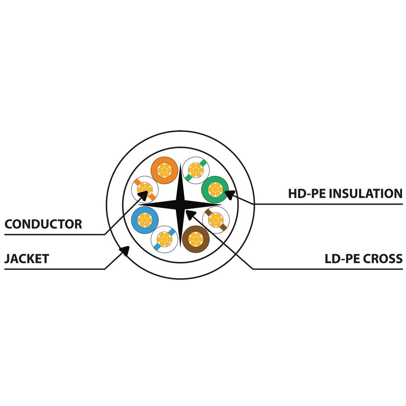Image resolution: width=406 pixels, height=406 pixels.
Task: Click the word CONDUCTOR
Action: tap(43, 224)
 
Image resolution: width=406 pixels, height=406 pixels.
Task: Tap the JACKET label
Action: tap(27, 259)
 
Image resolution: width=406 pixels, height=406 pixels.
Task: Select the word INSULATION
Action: tap(367, 194)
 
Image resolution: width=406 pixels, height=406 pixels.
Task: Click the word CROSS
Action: tap(383, 259)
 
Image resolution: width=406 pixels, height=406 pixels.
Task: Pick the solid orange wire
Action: tap(164, 170)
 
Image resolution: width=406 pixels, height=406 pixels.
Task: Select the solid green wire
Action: tap(215, 189)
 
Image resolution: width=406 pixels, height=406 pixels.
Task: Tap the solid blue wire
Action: tap(145, 220)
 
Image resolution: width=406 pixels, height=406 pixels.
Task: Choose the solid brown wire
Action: tap(196, 239)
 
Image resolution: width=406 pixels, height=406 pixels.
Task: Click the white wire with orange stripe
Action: tap(145, 189)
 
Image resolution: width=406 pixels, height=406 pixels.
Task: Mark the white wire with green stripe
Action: tap(196, 170)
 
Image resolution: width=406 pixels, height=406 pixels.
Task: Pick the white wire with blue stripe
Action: tap(164, 239)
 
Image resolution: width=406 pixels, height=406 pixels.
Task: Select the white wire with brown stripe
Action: tap(216, 220)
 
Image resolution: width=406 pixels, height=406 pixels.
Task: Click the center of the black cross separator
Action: tap(180, 205)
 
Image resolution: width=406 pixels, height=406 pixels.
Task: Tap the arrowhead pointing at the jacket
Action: tap(124, 250)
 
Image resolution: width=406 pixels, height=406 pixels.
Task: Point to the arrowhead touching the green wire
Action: tap(230, 194)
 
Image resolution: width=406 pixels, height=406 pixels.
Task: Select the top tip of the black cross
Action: tap(180, 164)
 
